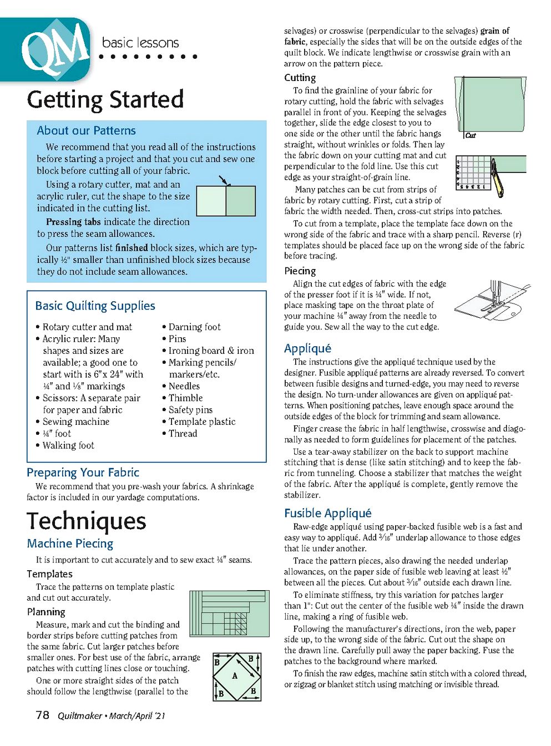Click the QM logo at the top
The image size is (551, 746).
(x=54, y=49)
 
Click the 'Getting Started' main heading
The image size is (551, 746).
(x=105, y=100)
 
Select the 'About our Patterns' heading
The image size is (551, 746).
(x=86, y=131)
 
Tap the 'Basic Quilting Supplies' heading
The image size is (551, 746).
(x=95, y=306)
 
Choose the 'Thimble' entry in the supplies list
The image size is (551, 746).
(x=185, y=398)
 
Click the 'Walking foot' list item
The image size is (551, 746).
(x=68, y=445)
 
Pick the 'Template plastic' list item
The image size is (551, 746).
(x=202, y=422)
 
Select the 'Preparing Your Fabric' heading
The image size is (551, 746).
(x=83, y=473)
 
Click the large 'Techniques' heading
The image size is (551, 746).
(x=87, y=521)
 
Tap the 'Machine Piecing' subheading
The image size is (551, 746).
(x=70, y=544)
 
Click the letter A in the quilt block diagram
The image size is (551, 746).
(x=235, y=676)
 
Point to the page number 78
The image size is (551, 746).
(x=43, y=715)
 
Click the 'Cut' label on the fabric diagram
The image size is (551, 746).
(x=471, y=135)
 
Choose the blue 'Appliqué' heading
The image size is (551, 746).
(x=307, y=348)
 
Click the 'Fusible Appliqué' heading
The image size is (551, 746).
(x=327, y=513)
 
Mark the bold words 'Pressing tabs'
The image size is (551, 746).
(x=73, y=222)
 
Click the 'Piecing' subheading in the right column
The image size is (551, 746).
(x=300, y=271)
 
